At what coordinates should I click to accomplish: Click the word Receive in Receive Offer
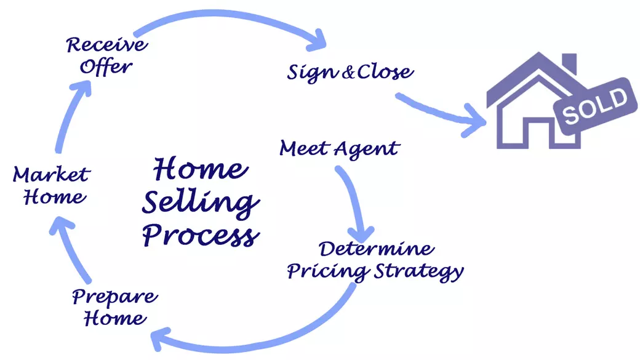[x=107, y=45]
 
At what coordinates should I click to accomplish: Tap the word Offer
[x=107, y=66]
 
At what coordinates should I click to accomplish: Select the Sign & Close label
[x=350, y=72]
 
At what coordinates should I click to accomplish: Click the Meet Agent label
[x=339, y=148]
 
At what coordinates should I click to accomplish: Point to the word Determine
[x=377, y=250]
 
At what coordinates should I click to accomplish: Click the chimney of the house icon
[x=569, y=63]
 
